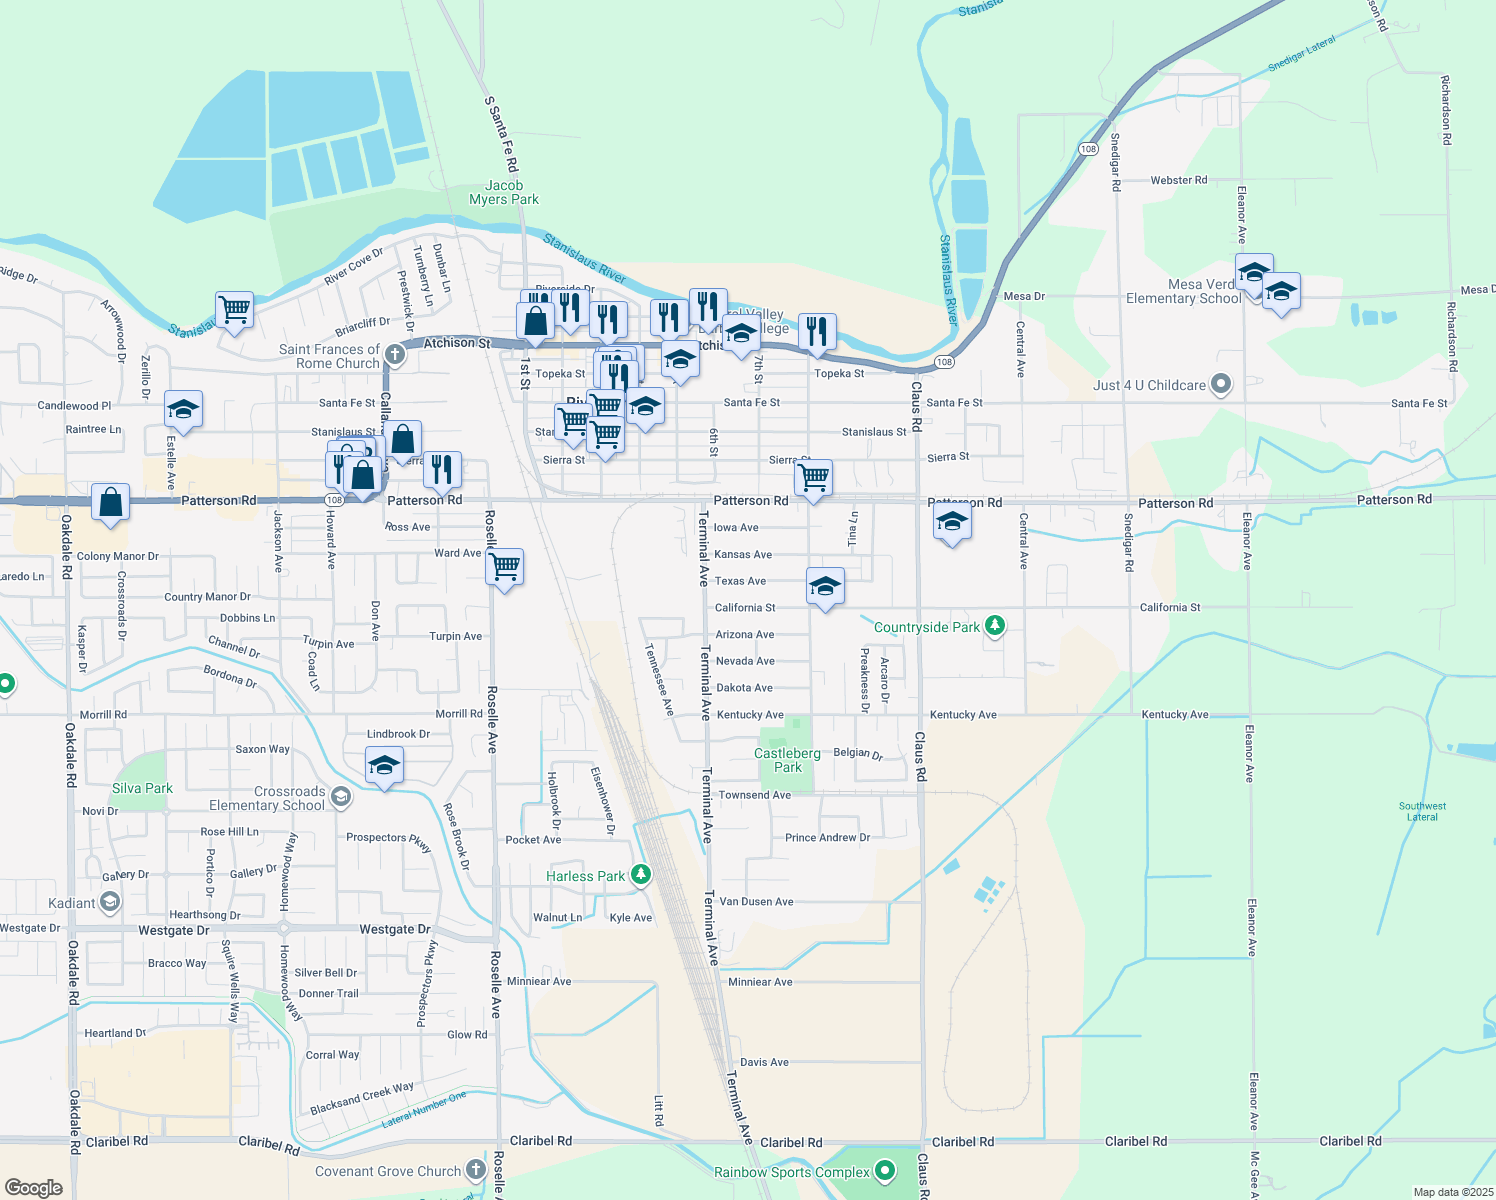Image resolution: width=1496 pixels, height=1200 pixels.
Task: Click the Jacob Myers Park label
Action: pos(504,192)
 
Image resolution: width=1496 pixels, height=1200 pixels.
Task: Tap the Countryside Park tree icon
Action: pos(994,626)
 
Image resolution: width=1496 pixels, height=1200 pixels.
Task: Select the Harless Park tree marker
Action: pos(641,875)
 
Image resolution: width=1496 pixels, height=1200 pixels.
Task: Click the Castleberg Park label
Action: pos(787,760)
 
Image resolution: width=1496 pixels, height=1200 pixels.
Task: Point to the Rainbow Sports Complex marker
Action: pos(884,1170)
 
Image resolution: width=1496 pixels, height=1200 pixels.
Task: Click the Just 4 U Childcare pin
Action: pos(1220,384)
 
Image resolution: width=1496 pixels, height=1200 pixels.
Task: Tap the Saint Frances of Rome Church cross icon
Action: pos(394,354)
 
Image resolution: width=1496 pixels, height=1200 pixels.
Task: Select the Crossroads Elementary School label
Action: pos(267,798)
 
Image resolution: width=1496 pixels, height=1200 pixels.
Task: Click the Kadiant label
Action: pos(72,903)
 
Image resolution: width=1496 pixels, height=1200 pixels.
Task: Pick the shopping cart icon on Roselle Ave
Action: pos(505,567)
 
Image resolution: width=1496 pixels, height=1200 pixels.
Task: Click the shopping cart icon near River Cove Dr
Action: pos(234,309)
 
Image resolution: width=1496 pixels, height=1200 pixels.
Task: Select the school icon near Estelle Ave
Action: pos(183,409)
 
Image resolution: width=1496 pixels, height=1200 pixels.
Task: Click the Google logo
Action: pos(34,1187)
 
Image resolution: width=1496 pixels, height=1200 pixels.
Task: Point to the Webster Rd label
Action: pos(1178,180)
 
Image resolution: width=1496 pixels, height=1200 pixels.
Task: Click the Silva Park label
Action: pos(142,788)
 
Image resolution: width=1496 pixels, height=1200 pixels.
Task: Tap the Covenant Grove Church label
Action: pos(388,1171)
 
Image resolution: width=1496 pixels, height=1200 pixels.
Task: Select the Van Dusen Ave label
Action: pos(756,901)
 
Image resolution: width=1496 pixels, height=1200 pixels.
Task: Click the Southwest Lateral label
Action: pos(1422,811)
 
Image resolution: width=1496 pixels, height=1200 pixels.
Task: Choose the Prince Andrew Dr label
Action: pos(827,837)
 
